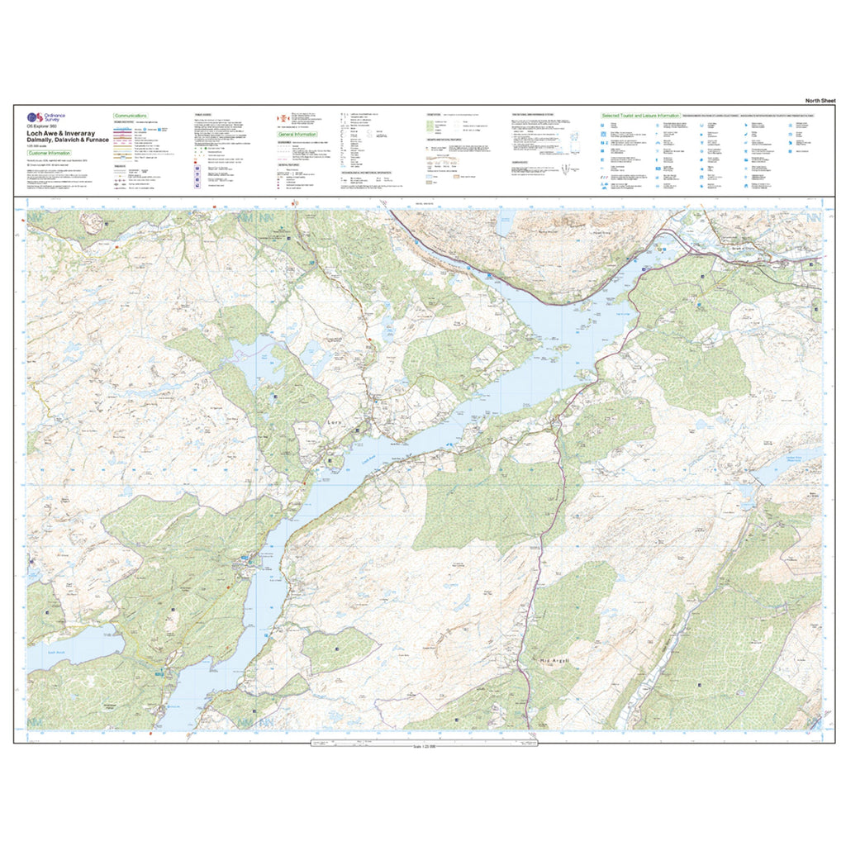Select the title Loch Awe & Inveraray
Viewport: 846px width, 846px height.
pyautogui.click(x=63, y=132)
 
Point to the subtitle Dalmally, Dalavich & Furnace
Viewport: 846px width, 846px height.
pyautogui.click(x=68, y=140)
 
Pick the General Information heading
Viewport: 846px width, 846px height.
pyautogui.click(x=297, y=134)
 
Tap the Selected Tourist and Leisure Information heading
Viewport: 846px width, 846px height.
pyautogui.click(x=640, y=116)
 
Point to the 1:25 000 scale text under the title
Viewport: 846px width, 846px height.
pyautogui.click(x=40, y=147)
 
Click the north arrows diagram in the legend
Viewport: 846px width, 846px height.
pyautogui.click(x=569, y=169)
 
